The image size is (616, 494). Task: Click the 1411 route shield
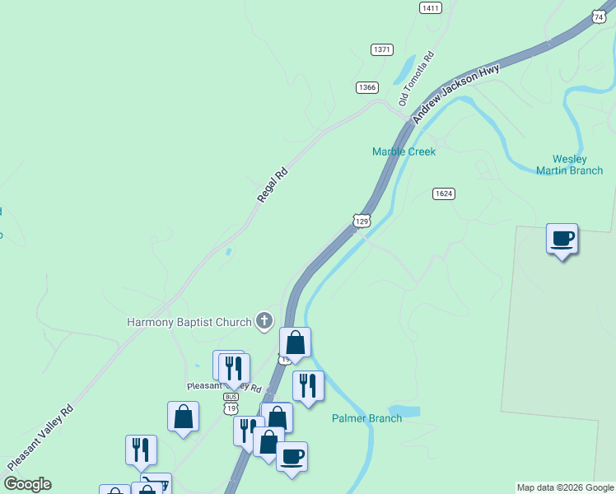(x=430, y=7)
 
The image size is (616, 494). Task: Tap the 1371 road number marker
(x=382, y=49)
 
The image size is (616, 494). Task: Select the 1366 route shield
(x=367, y=87)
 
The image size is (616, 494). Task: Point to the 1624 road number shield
(x=444, y=193)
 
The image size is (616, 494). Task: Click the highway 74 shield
(x=599, y=16)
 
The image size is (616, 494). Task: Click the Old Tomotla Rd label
(x=415, y=80)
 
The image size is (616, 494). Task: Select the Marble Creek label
(x=404, y=151)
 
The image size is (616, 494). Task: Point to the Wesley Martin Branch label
(x=569, y=165)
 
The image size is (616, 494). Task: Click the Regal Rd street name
(x=273, y=184)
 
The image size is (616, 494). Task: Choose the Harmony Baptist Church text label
(x=189, y=322)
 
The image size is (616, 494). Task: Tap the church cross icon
(x=264, y=321)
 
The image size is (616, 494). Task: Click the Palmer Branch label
(x=366, y=418)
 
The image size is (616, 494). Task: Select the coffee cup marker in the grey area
(x=562, y=240)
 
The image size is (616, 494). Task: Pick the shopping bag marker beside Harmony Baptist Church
(x=295, y=343)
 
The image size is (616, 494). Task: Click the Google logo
(x=27, y=484)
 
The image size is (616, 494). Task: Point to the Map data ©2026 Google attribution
(x=566, y=487)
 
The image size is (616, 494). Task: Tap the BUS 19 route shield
(x=231, y=402)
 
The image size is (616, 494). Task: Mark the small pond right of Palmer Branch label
(x=405, y=411)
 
